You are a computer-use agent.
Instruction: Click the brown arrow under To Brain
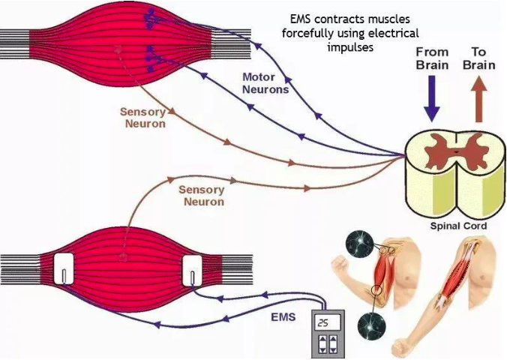478,100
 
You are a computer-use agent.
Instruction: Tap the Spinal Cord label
459,226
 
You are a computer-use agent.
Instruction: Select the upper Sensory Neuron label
142,117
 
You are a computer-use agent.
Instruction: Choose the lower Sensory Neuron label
202,196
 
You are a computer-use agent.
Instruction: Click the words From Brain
432,58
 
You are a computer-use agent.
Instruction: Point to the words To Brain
478,58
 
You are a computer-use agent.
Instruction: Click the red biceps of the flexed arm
384,269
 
